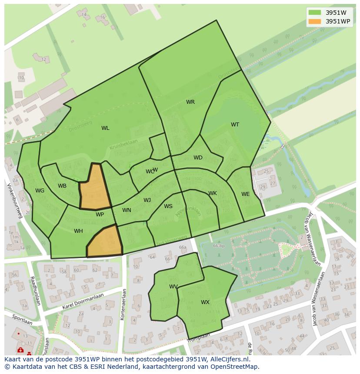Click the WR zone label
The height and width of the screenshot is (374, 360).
(x=190, y=102)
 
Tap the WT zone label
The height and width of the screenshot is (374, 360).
(x=235, y=125)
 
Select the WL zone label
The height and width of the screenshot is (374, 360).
(x=105, y=128)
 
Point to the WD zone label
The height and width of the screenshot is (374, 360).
(x=198, y=158)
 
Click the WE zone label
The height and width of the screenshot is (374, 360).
(x=246, y=194)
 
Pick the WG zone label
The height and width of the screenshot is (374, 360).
(x=40, y=191)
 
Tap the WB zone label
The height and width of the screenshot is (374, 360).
(x=62, y=186)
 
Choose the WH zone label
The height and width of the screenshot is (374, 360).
(x=78, y=231)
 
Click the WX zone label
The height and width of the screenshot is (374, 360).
(x=205, y=302)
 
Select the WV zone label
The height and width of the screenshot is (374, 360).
(x=173, y=287)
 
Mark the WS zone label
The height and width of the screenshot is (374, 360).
(x=168, y=206)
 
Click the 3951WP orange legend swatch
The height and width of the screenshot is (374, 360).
(x=315, y=21)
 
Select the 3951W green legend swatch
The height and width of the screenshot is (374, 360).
(x=315, y=13)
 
